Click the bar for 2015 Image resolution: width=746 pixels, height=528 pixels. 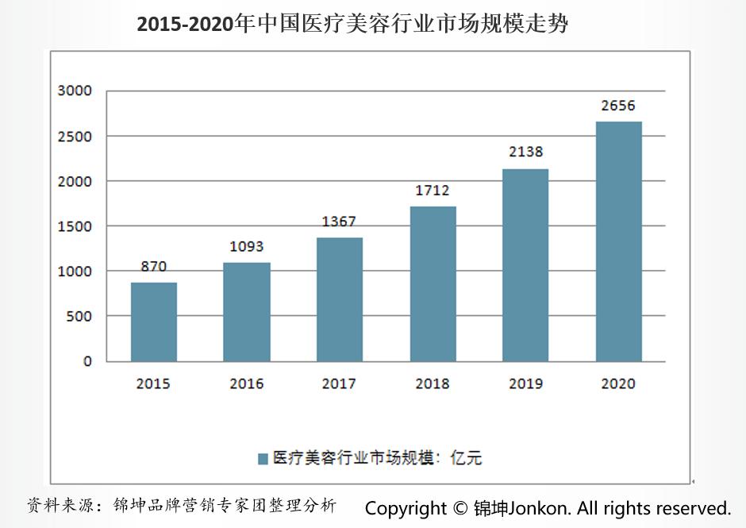pos(154,322)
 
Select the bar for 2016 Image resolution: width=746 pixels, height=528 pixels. pos(247,312)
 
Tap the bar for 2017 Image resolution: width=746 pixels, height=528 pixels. pos(340,299)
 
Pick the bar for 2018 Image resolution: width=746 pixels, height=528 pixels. pos(433,283)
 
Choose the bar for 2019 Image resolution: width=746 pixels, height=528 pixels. pos(525,265)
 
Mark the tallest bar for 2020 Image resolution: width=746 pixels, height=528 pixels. pos(618,241)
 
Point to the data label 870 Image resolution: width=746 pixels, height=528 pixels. pos(154,267)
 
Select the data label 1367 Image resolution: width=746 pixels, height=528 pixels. pos(339,222)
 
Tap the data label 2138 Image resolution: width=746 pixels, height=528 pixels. pos(525,152)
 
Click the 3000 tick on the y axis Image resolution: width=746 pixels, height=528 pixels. pos(75,91)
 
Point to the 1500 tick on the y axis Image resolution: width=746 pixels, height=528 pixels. pos(75,226)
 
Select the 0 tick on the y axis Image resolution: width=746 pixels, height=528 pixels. pos(87,361)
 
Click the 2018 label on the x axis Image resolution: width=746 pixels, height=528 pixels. pos(433,384)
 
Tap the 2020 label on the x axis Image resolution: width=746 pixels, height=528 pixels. pos(618,384)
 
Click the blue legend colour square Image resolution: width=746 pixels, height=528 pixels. pos(263,458)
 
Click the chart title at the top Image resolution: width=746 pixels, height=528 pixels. pos(352,24)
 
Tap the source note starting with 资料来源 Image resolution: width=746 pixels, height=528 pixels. pos(182,506)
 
